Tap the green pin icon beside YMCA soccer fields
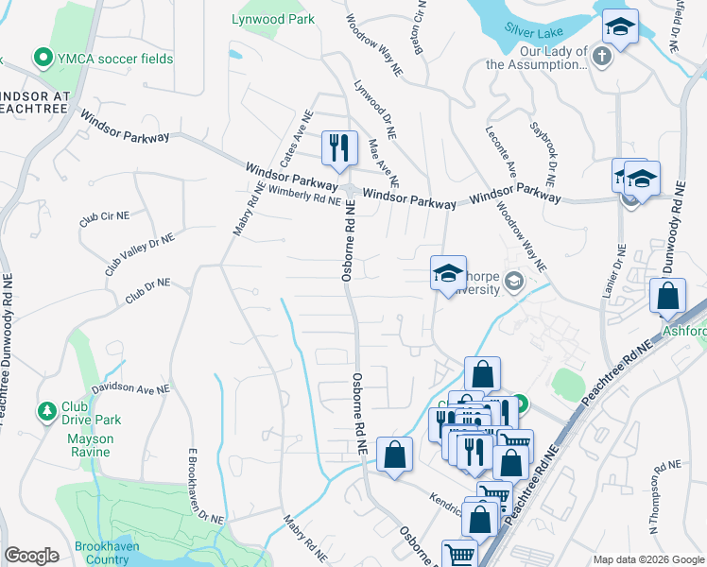(x=42, y=59)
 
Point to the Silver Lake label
(x=532, y=30)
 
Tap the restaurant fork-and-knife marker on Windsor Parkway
(x=338, y=147)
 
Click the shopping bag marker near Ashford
(x=667, y=296)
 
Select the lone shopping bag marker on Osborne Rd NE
(x=394, y=455)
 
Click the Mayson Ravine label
(x=90, y=445)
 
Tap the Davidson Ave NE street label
(x=130, y=388)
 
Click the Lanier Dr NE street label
(x=613, y=270)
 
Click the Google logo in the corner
(x=31, y=556)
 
